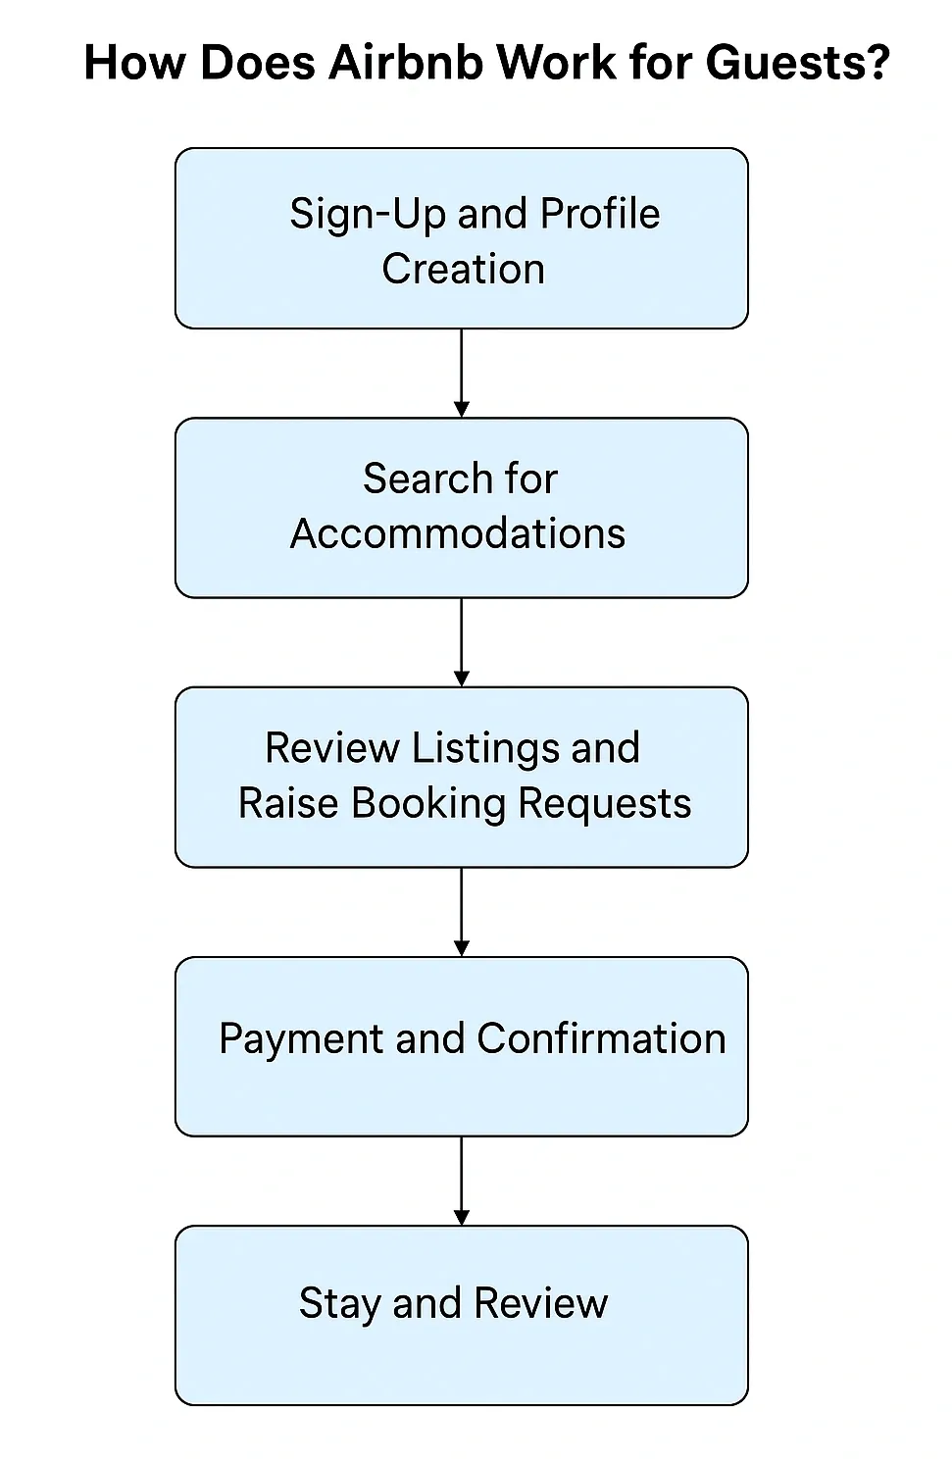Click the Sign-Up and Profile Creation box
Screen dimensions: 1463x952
point(461,238)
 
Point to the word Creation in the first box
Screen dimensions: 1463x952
point(463,269)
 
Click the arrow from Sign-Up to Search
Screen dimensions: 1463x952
point(461,373)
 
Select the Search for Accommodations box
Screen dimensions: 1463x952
point(461,508)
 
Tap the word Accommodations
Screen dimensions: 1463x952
point(458,534)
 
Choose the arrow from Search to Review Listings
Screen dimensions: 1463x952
point(461,642)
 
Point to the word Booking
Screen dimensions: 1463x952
point(428,803)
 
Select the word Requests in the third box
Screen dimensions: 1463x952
point(604,803)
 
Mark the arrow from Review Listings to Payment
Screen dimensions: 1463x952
point(461,912)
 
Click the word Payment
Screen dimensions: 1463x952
point(301,1038)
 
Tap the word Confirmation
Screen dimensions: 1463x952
point(601,1038)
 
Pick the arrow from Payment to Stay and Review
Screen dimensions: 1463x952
point(461,1181)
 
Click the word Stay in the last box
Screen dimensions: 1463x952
point(339,1304)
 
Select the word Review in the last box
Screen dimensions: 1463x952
point(540,1304)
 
